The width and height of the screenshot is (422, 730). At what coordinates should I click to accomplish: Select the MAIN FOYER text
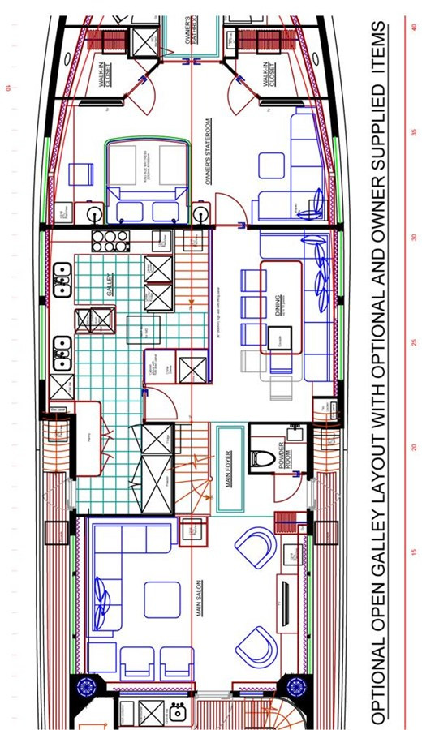point(228,468)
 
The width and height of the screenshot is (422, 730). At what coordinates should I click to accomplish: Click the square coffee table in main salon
point(161,600)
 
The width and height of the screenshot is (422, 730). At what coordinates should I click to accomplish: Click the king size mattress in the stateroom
point(146,170)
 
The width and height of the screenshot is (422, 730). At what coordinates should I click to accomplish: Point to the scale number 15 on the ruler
point(413,552)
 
